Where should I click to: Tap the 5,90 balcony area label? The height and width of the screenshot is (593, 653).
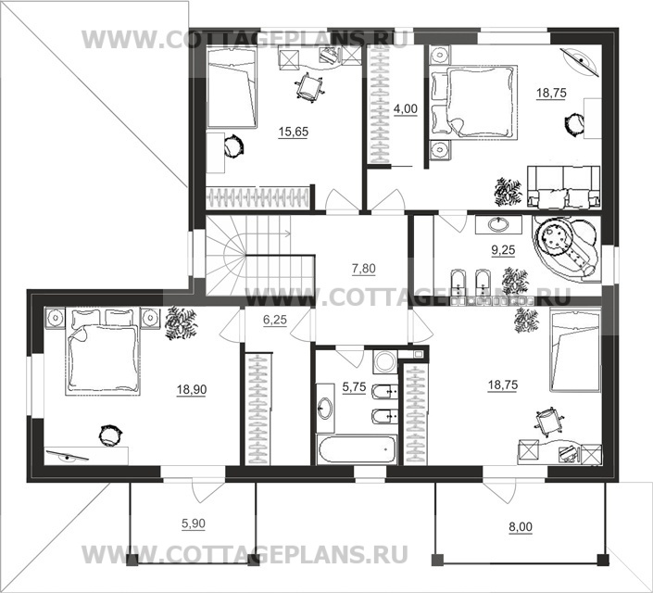tap(193, 524)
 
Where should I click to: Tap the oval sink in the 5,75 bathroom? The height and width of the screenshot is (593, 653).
tap(326, 407)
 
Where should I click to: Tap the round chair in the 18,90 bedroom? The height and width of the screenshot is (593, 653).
tap(111, 434)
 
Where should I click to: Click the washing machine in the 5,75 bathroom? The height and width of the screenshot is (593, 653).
tap(383, 361)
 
